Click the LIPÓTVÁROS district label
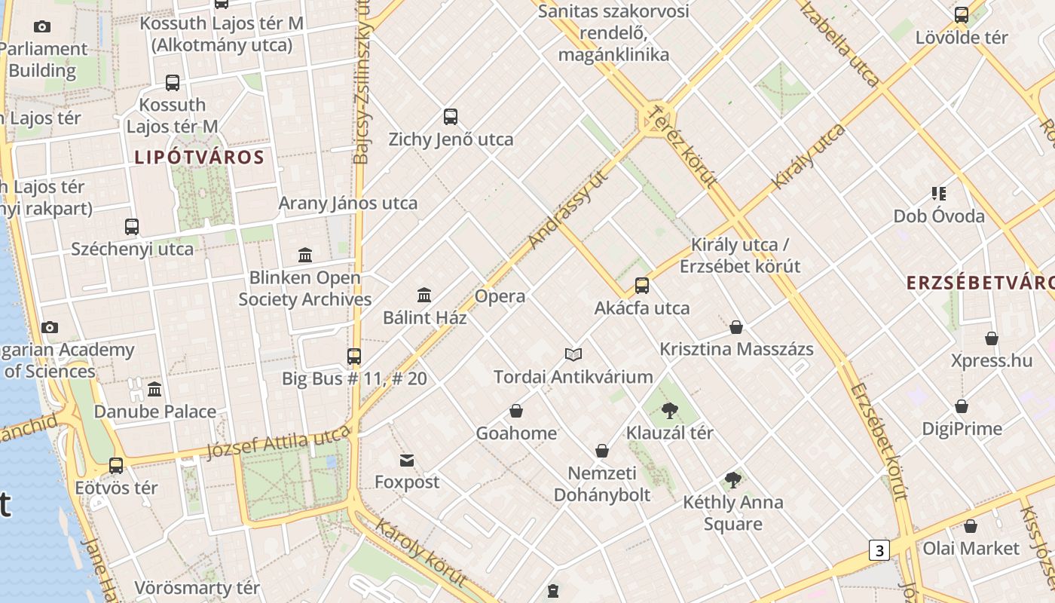[199, 158]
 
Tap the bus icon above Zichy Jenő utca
[451, 117]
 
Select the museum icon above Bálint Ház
[424, 295]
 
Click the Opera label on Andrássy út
[500, 296]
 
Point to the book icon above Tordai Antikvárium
[573, 354]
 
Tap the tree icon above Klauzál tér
[669, 411]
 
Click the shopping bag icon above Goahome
[516, 411]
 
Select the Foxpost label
[407, 482]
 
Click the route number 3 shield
[879, 550]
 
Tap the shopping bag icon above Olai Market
[971, 526]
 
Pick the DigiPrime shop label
[962, 429]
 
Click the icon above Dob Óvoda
[938, 194]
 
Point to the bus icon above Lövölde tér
[962, 15]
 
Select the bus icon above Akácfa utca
[642, 286]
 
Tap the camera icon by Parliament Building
[42, 27]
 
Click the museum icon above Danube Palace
[154, 390]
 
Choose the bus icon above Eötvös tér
[116, 466]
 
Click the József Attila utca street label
[279, 441]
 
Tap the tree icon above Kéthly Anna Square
[732, 480]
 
